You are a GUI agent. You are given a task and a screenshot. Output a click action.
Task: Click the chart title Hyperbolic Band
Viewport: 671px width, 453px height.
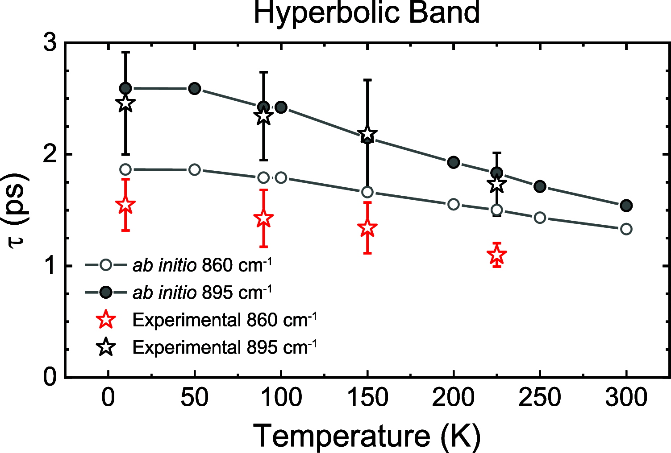point(367,12)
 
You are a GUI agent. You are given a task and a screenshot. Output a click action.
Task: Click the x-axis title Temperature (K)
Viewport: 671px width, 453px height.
point(367,435)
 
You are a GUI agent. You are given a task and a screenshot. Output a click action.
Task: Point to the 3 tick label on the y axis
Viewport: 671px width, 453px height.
point(50,43)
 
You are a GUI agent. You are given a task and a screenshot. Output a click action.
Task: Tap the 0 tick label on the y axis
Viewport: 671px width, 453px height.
point(50,377)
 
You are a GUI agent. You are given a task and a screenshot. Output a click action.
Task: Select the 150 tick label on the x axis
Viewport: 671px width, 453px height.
point(367,398)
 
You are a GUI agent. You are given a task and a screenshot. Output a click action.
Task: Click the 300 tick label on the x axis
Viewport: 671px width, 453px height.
point(626,398)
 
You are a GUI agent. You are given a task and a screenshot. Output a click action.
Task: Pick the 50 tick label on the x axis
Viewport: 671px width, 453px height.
point(194,398)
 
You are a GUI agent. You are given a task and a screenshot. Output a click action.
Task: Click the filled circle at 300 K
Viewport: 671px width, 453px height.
point(626,206)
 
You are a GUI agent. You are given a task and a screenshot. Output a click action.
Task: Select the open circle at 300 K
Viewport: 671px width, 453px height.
point(626,229)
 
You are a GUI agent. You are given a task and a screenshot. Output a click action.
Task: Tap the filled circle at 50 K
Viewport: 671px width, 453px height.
point(194,88)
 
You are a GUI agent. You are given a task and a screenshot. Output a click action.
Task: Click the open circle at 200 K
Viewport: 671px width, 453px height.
point(454,204)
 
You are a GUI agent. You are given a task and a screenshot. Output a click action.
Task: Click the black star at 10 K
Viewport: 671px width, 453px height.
point(125,103)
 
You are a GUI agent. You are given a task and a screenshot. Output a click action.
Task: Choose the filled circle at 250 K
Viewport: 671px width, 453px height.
point(540,186)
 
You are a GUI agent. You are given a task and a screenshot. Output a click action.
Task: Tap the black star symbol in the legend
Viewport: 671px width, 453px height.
point(106,347)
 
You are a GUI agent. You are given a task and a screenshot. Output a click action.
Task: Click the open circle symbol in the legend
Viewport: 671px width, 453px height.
point(106,265)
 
